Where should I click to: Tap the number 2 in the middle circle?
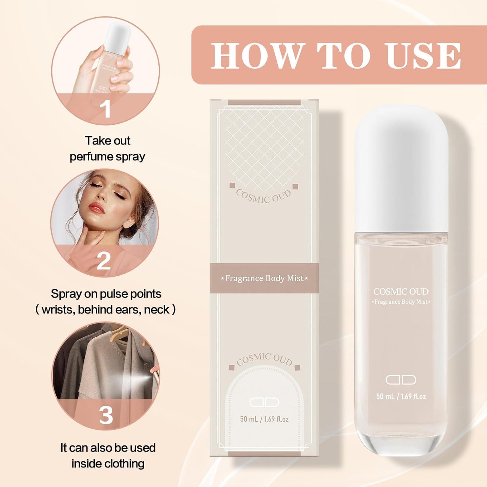coord(103,261)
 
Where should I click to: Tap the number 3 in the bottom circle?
coord(106,415)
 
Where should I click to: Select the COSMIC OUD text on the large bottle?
coord(401,292)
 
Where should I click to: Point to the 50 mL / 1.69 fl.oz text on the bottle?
coord(401,396)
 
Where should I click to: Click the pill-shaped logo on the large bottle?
coord(401,380)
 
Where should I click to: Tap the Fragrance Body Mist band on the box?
coord(264,278)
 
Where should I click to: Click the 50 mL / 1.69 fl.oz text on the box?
coord(264,419)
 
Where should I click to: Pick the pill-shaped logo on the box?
coord(264,402)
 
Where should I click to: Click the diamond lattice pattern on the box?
coord(264,145)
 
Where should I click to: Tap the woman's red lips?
coord(97,208)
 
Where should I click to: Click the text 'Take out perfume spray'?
coord(107,148)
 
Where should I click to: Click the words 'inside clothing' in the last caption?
coord(108,463)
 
